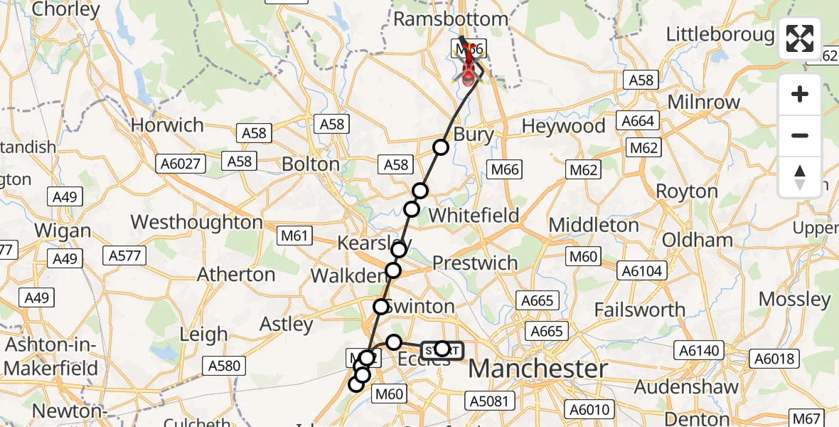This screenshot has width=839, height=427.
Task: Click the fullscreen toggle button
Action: pyautogui.click(x=800, y=38)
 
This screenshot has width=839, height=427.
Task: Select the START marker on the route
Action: pyautogui.click(x=442, y=349)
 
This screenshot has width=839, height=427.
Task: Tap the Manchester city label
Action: pyautogui.click(x=538, y=369)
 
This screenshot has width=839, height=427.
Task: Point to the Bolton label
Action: pyautogui.click(x=311, y=164)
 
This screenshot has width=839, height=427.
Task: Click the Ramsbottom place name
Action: pyautogui.click(x=451, y=19)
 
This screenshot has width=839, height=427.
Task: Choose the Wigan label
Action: pyautogui.click(x=63, y=231)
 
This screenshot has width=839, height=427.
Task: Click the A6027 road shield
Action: pyautogui.click(x=182, y=164)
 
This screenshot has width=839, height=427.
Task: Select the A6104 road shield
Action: pyautogui.click(x=642, y=270)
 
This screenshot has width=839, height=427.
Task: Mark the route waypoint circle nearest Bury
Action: pyautogui.click(x=441, y=147)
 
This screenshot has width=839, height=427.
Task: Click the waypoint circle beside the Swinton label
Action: pyautogui.click(x=381, y=307)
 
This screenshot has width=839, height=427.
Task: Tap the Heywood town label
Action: pyautogui.click(x=563, y=127)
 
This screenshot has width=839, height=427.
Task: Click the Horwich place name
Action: pyautogui.click(x=167, y=125)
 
